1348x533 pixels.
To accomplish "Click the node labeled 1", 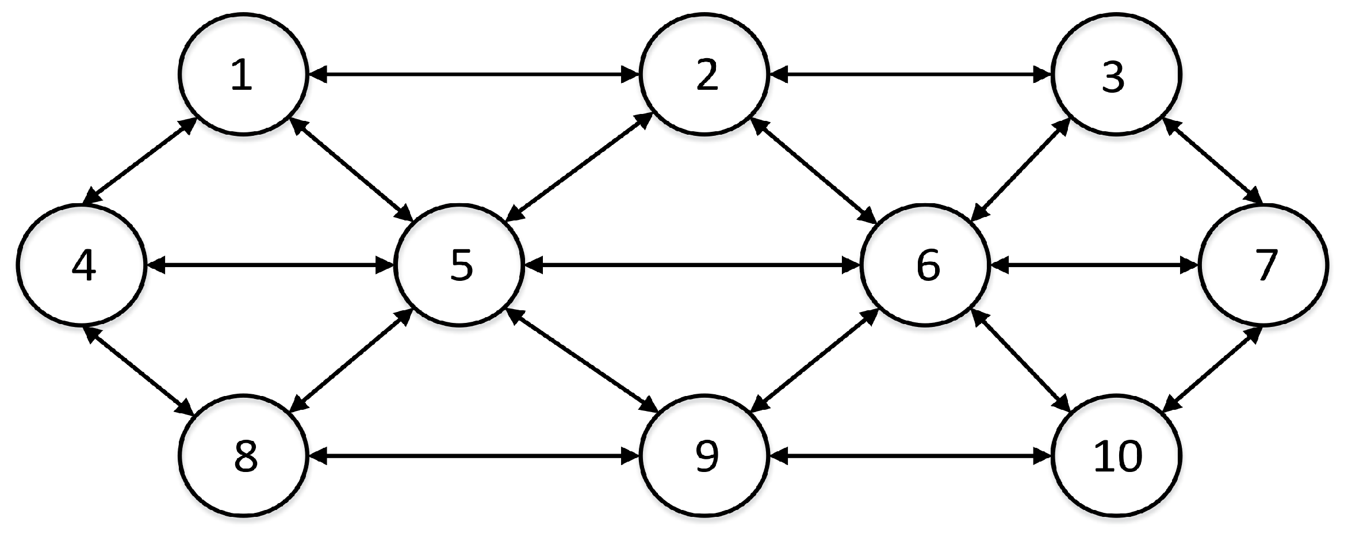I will click(243, 75).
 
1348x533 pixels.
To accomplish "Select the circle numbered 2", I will click(704, 75).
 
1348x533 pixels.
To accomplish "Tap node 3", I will click(1116, 75).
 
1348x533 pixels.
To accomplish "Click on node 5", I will click(459, 265).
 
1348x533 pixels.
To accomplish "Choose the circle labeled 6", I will click(925, 265).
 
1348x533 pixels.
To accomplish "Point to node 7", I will click(1264, 265).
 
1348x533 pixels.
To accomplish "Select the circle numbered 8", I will click(243, 456).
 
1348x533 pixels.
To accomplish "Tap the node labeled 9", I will click(704, 456).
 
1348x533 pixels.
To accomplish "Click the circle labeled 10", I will click(1116, 456).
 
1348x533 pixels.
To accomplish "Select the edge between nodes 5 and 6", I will click(692, 265).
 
